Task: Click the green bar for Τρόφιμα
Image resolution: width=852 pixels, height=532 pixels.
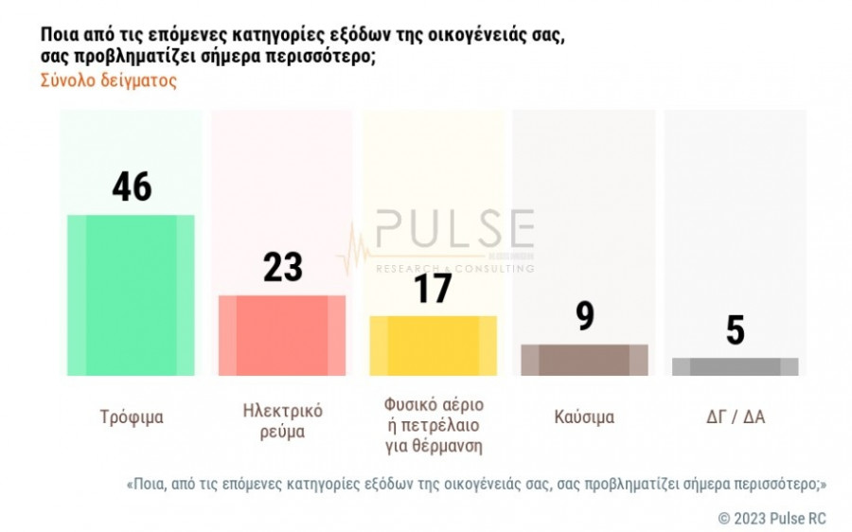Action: (131, 294)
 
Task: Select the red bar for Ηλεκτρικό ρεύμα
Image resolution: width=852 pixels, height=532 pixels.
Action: (282, 335)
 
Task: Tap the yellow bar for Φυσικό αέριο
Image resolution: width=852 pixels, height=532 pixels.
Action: (433, 346)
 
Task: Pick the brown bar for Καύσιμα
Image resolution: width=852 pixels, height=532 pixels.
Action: (584, 360)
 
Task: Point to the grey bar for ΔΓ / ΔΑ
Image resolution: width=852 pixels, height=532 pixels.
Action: (736, 366)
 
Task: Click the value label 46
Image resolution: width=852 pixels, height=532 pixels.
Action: (132, 186)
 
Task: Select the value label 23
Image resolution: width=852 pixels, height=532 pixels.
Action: (282, 267)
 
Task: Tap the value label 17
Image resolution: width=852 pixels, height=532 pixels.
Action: (433, 288)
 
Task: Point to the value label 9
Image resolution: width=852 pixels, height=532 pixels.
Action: (585, 316)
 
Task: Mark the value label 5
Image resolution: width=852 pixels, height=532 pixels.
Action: (736, 330)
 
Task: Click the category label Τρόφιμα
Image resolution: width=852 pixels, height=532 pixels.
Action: (132, 417)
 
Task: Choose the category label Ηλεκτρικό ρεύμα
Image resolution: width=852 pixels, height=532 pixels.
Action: (282, 421)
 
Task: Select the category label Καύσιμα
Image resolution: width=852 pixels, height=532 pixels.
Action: (584, 417)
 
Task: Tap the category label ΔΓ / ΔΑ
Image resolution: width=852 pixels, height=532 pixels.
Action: (736, 417)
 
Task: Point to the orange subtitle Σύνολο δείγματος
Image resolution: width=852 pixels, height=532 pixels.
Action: (109, 80)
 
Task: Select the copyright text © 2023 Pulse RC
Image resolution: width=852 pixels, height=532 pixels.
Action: (772, 518)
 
